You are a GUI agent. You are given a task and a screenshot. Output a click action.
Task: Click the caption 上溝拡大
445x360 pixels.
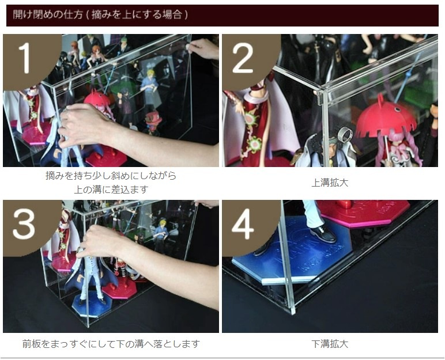(x=330, y=183)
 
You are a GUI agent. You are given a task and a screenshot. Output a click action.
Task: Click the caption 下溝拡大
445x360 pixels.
(x=330, y=344)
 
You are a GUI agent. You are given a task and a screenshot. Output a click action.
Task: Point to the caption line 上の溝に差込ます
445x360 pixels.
(x=111, y=190)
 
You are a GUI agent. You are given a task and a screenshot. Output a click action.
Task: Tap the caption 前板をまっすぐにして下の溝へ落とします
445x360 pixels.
(x=111, y=344)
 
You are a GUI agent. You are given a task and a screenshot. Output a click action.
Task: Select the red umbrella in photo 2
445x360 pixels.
(x=386, y=119)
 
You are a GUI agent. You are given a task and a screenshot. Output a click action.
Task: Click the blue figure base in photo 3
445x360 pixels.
(x=88, y=306)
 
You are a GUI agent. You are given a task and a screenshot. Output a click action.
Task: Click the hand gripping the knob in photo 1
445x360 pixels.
(x=202, y=48)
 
